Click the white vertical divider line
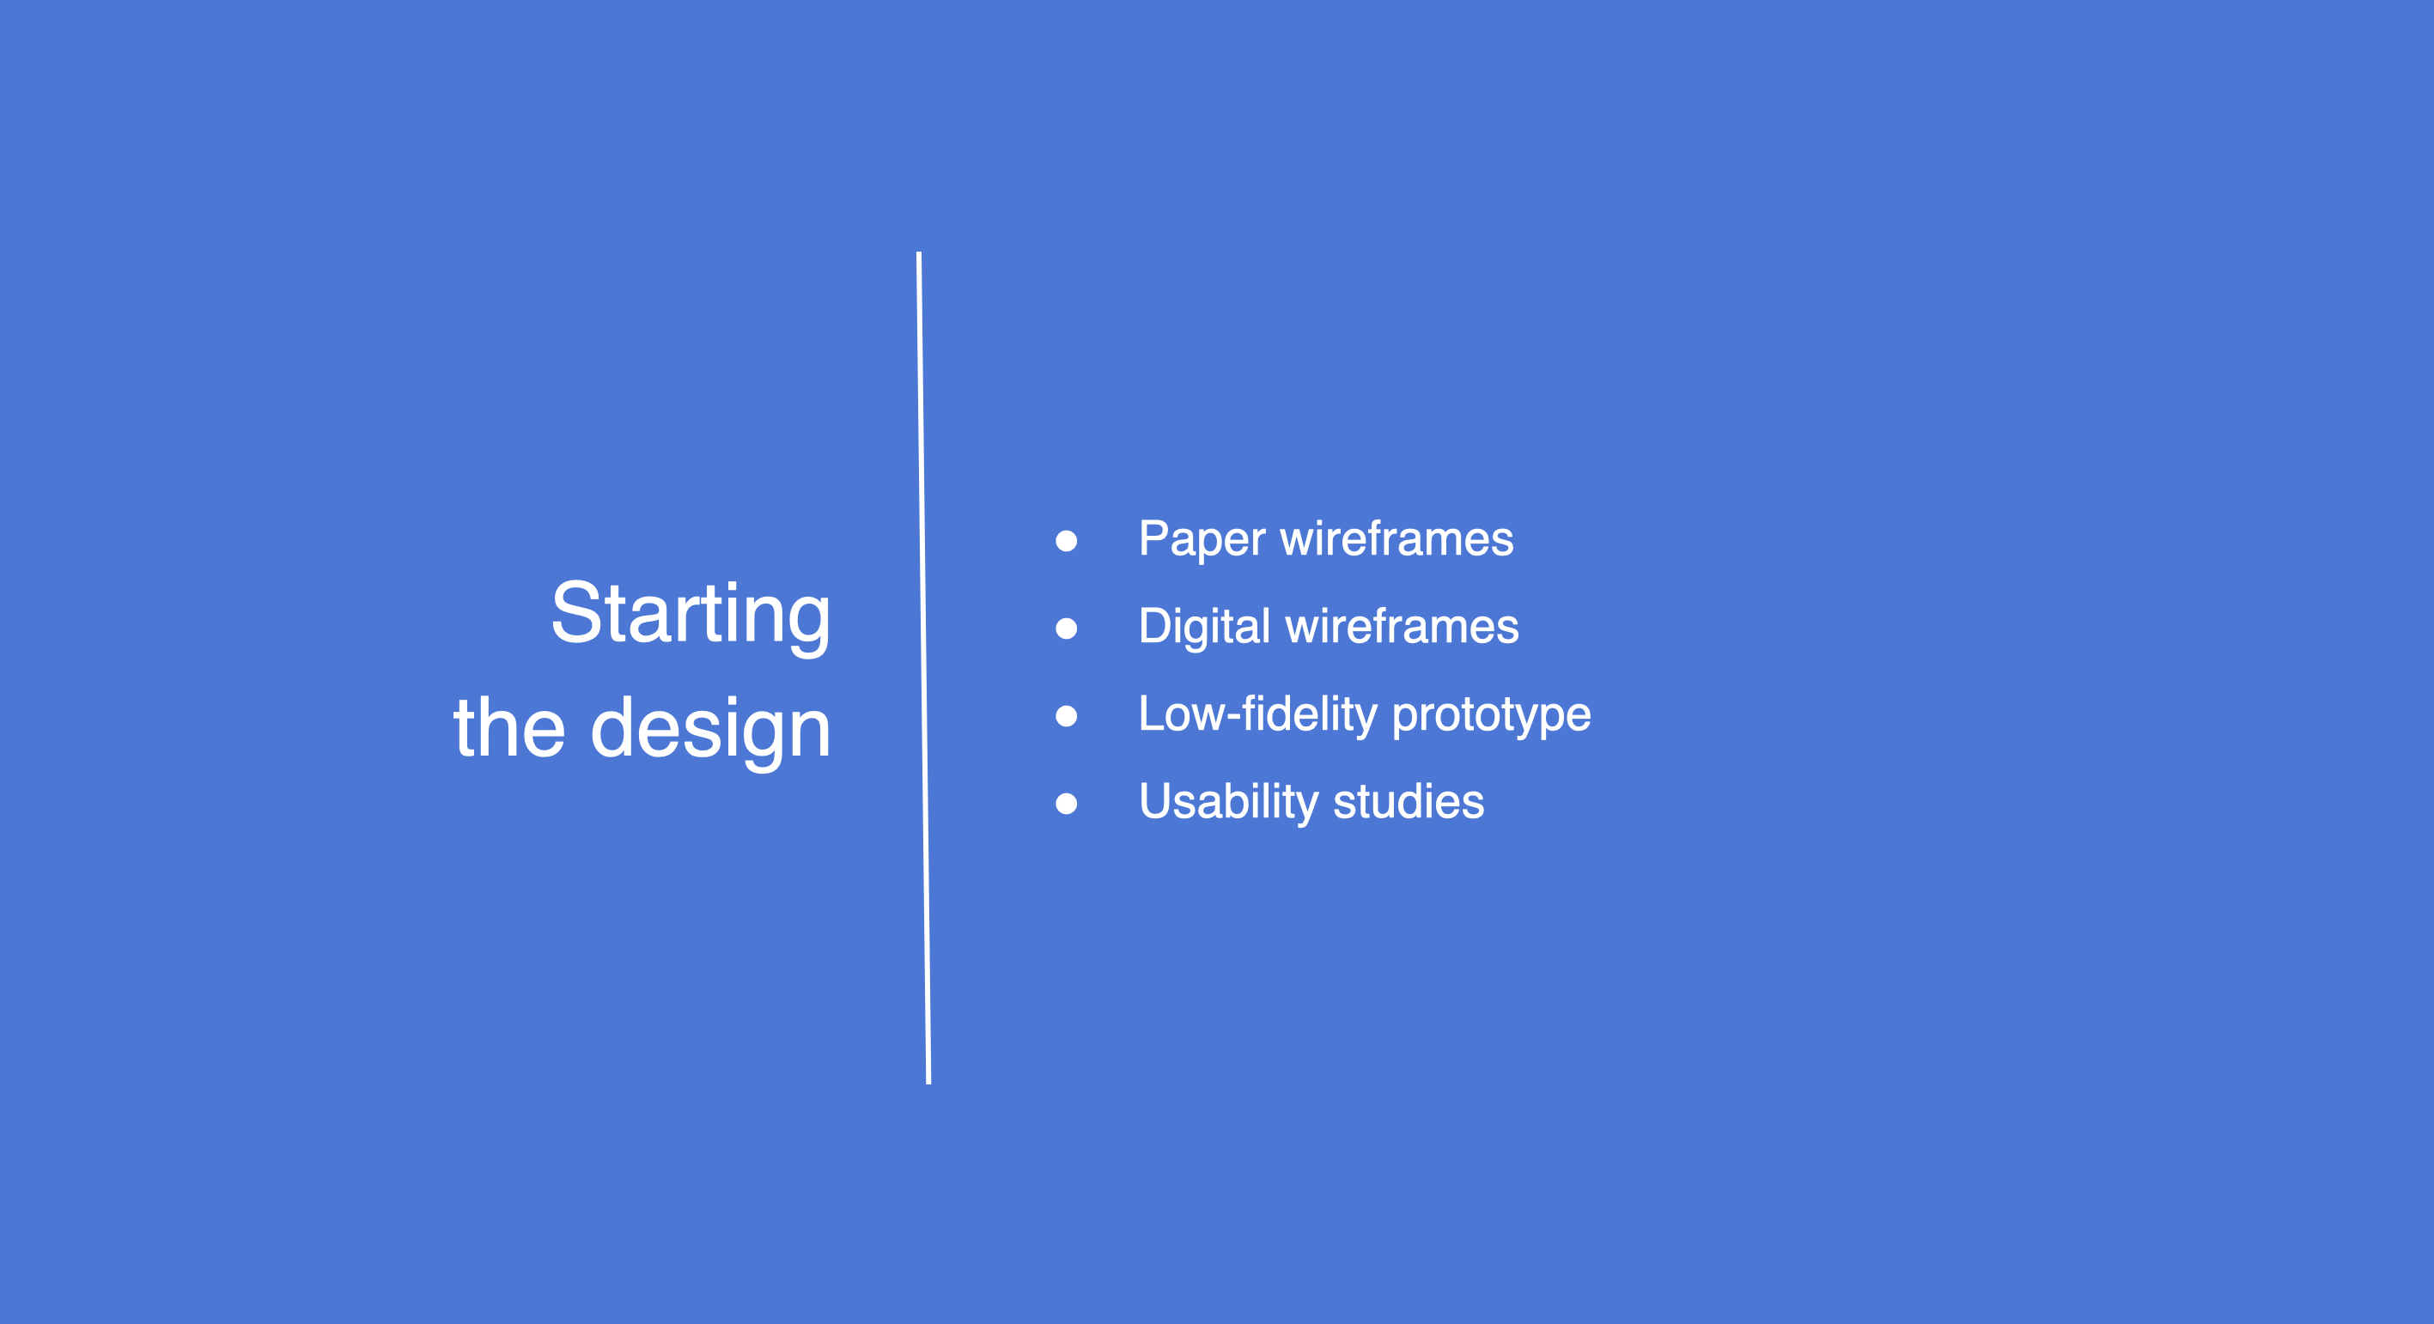(923, 668)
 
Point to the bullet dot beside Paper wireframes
(1066, 540)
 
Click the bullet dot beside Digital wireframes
(1066, 628)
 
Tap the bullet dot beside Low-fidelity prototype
(1066, 716)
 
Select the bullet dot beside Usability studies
(1066, 804)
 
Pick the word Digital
(1205, 628)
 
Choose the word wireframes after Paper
(1397, 538)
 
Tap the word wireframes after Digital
(1403, 626)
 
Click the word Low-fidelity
(1258, 715)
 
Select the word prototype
(1492, 717)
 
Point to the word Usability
(1228, 803)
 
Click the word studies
(1409, 802)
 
